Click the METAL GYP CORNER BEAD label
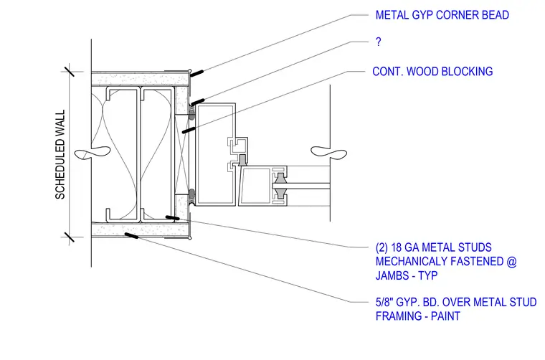[x=442, y=15]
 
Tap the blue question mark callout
[x=379, y=42]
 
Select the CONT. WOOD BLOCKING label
[x=432, y=71]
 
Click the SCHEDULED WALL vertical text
[x=60, y=154]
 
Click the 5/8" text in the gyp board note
[x=384, y=302]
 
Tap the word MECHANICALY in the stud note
[x=412, y=261]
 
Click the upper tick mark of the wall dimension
[x=69, y=72]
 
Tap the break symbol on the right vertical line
[x=329, y=152]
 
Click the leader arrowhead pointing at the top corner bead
[x=196, y=73]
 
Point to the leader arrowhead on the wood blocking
[x=189, y=130]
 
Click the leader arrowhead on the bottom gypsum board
[x=131, y=236]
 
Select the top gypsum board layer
[x=141, y=79]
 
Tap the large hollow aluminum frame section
[x=215, y=154]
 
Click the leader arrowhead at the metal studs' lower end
[x=172, y=218]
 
